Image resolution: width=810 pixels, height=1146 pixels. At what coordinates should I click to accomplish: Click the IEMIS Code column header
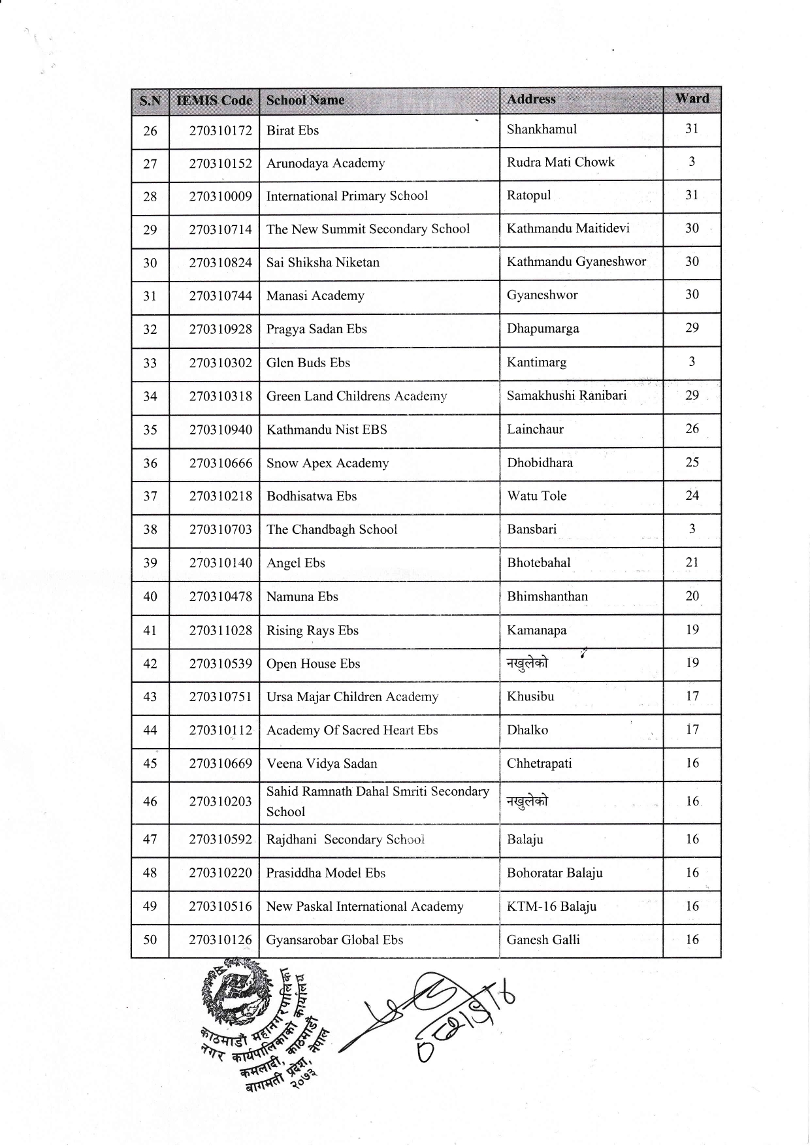[x=214, y=101]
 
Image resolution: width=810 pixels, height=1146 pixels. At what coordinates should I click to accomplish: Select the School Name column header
[x=305, y=100]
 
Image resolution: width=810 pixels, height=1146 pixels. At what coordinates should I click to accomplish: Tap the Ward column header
[x=692, y=99]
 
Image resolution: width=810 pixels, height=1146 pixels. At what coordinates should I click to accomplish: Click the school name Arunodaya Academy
[x=325, y=163]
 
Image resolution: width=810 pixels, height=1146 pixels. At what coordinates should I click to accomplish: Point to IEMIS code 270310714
[x=220, y=229]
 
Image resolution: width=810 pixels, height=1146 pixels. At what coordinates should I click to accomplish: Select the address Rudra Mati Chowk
[x=560, y=162]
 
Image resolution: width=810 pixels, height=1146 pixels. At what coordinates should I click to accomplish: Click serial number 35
[x=150, y=430]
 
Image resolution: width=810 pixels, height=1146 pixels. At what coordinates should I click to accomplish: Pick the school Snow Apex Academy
[x=327, y=463]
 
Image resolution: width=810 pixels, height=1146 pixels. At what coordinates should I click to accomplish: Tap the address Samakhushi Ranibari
[x=566, y=395]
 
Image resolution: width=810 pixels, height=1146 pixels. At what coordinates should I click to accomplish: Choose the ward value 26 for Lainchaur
[x=692, y=429]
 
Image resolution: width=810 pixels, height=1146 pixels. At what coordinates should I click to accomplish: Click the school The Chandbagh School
[x=331, y=529]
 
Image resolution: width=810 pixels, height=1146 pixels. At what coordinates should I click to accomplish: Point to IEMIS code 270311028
[x=220, y=630]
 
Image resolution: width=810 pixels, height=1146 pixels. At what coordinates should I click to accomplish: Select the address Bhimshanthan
[x=547, y=597]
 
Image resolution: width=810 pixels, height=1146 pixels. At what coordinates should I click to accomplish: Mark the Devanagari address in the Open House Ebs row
[x=527, y=664]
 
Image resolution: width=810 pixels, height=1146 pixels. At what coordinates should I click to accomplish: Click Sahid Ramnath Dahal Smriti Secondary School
[x=377, y=801]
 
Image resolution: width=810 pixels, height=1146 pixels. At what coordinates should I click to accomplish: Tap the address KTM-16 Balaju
[x=551, y=906]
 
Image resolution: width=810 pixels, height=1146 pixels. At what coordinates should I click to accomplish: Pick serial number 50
[x=150, y=940]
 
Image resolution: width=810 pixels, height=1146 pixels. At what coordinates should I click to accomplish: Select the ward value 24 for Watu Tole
[x=692, y=495]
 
